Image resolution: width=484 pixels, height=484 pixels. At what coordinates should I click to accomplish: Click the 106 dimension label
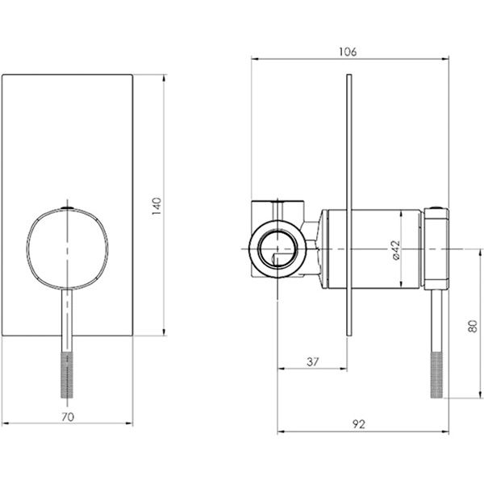point(348,52)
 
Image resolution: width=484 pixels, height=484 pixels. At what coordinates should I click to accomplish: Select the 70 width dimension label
point(68,417)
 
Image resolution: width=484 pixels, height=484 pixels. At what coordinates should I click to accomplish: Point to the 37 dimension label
point(313,361)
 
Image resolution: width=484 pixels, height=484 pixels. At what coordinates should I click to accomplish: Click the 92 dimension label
point(359,424)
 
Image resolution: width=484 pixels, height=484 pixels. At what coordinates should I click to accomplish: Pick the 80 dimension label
point(473,326)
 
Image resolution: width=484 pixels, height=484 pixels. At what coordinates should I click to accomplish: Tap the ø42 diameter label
point(396,250)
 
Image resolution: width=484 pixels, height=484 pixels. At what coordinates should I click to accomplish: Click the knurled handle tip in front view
point(67,375)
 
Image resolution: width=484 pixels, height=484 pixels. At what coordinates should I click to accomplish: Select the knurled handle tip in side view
point(436,375)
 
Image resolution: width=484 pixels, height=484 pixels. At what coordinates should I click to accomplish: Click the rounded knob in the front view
point(67,249)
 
